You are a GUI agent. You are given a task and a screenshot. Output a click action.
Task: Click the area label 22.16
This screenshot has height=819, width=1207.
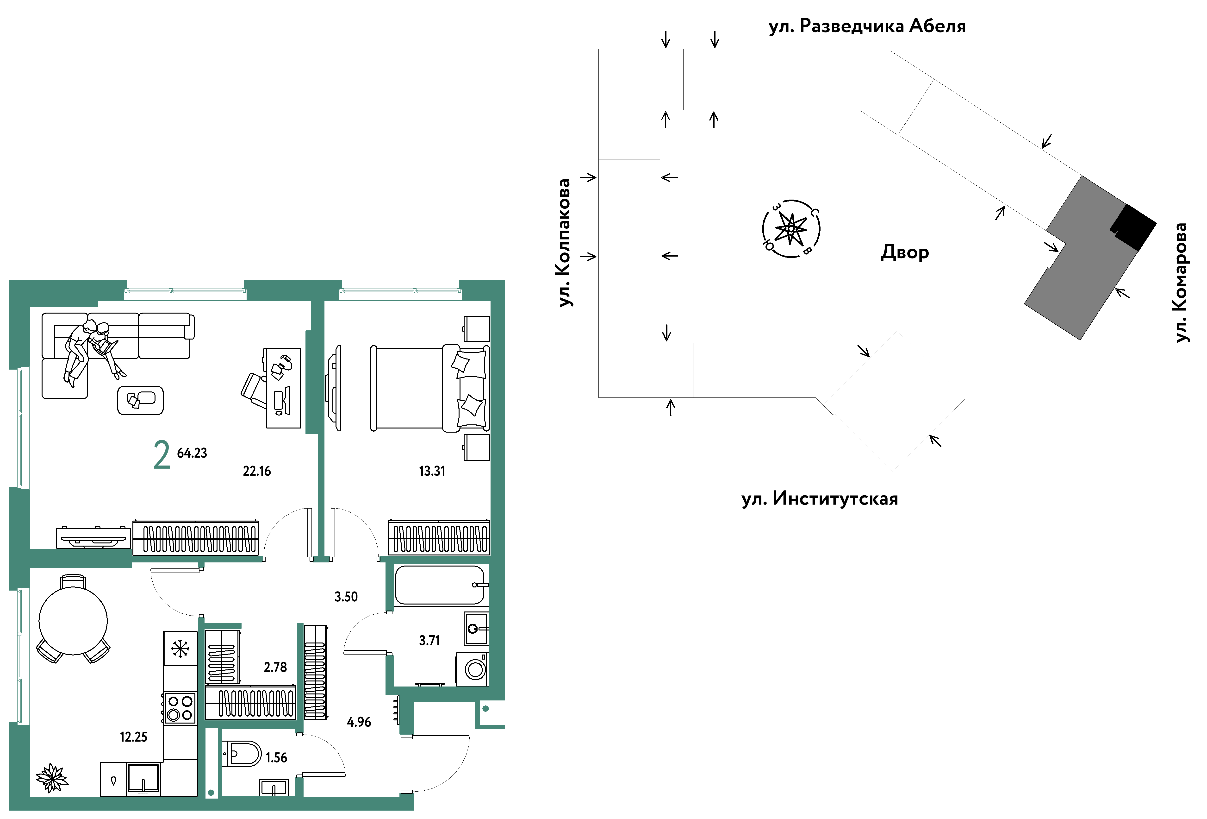coord(256,471)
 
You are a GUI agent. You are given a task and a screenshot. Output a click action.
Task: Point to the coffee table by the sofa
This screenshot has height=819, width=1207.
coord(140,400)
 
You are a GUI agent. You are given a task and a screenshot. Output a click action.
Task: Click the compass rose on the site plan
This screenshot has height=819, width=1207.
coord(790,229)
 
